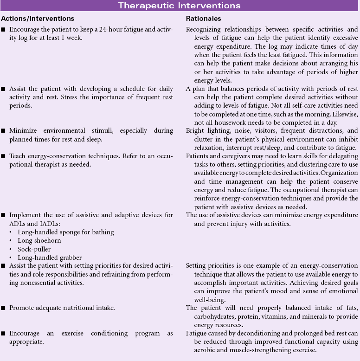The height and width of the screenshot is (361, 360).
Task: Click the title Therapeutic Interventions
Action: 179,6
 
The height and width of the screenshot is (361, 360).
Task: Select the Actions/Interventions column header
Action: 38,19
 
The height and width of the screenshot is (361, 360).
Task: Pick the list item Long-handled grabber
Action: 50,258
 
